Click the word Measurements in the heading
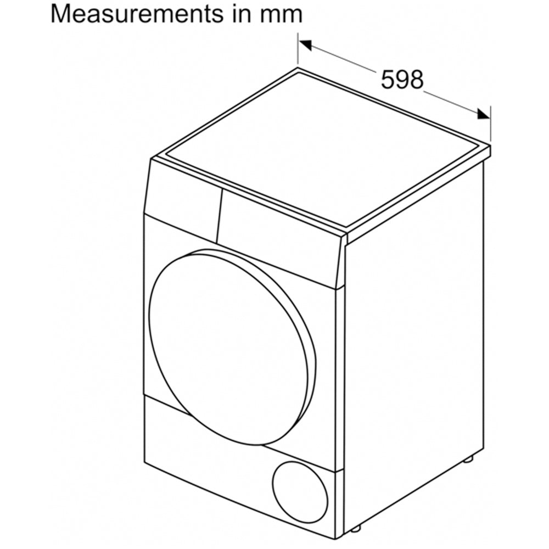136,14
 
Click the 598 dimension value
402,79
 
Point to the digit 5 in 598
388,79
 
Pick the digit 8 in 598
416,79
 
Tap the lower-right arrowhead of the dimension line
484,114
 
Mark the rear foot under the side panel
468,459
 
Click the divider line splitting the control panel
219,216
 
